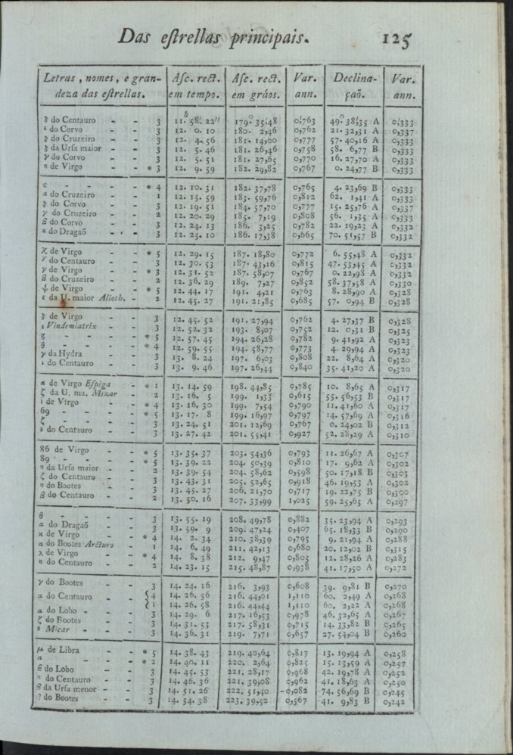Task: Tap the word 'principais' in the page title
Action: pyautogui.click(x=260, y=36)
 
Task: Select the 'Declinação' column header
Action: pyautogui.click(x=355, y=86)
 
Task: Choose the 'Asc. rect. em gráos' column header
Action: pyautogui.click(x=256, y=86)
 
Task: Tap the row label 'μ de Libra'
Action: pyautogui.click(x=63, y=651)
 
